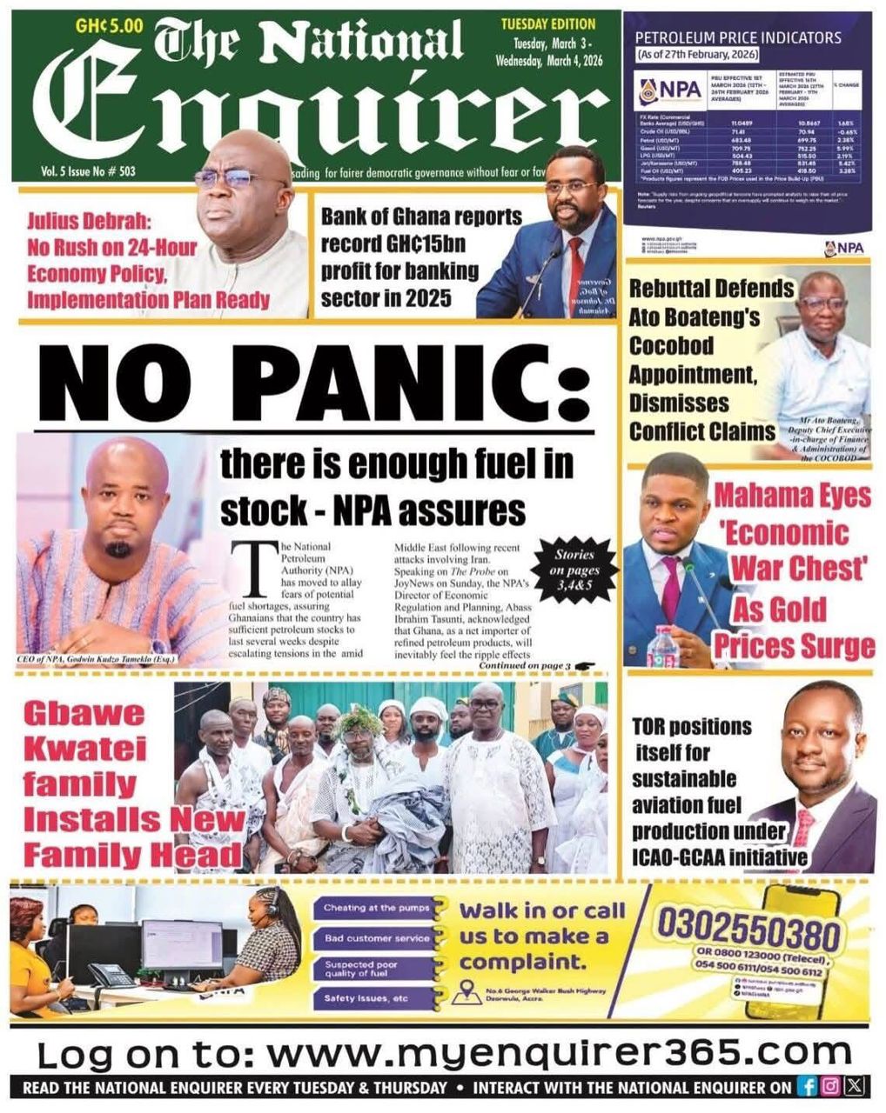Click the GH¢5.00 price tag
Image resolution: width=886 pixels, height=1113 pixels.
point(108,25)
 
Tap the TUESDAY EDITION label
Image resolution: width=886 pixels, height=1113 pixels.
point(547,23)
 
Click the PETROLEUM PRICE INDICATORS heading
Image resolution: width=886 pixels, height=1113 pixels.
point(738,37)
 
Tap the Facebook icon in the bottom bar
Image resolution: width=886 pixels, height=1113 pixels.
point(808,1087)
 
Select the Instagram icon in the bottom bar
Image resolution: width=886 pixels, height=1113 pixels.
point(831,1087)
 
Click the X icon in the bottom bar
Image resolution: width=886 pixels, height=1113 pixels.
point(855,1087)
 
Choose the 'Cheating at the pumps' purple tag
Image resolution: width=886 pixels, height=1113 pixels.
point(377,908)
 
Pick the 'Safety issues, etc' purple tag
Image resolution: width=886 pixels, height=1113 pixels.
point(366,998)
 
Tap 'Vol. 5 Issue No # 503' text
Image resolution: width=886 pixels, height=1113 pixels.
point(88,172)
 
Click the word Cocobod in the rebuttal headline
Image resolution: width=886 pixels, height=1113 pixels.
point(671,346)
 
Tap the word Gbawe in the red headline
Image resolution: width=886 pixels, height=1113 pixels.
point(84,714)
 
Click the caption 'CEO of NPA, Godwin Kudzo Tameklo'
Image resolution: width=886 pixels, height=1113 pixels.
point(96,660)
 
